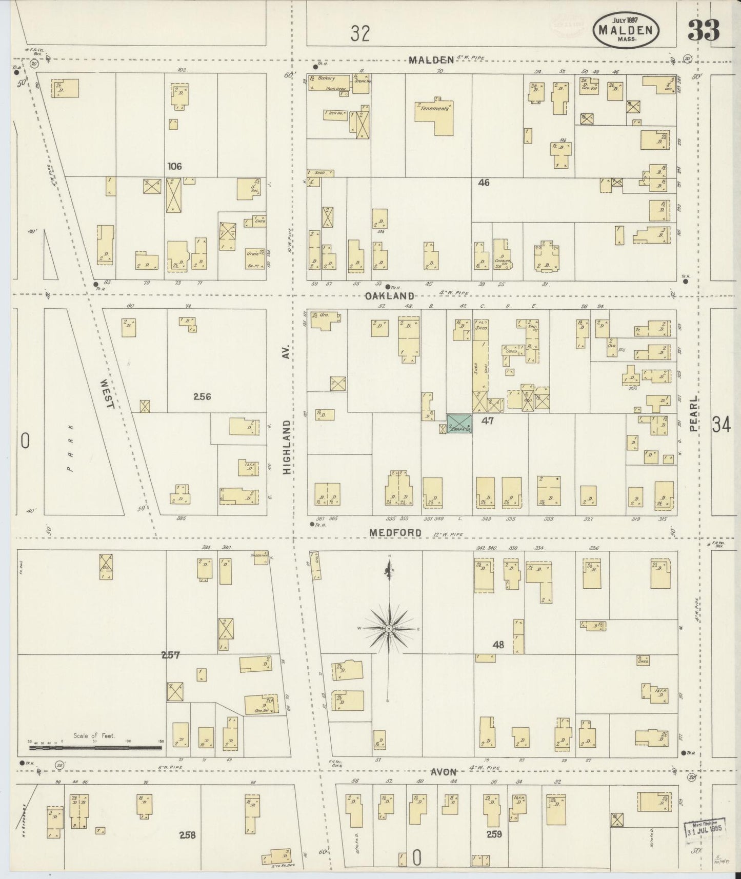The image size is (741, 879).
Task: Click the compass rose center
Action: (389, 628)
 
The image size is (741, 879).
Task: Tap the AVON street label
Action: (443, 771)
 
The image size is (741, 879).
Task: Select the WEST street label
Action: (107, 393)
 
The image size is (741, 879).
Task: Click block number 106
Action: (174, 166)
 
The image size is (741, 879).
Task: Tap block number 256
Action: (202, 396)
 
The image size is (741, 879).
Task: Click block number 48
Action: (498, 645)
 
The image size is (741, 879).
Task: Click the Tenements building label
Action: (434, 109)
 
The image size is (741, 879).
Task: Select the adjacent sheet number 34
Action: (720, 425)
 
